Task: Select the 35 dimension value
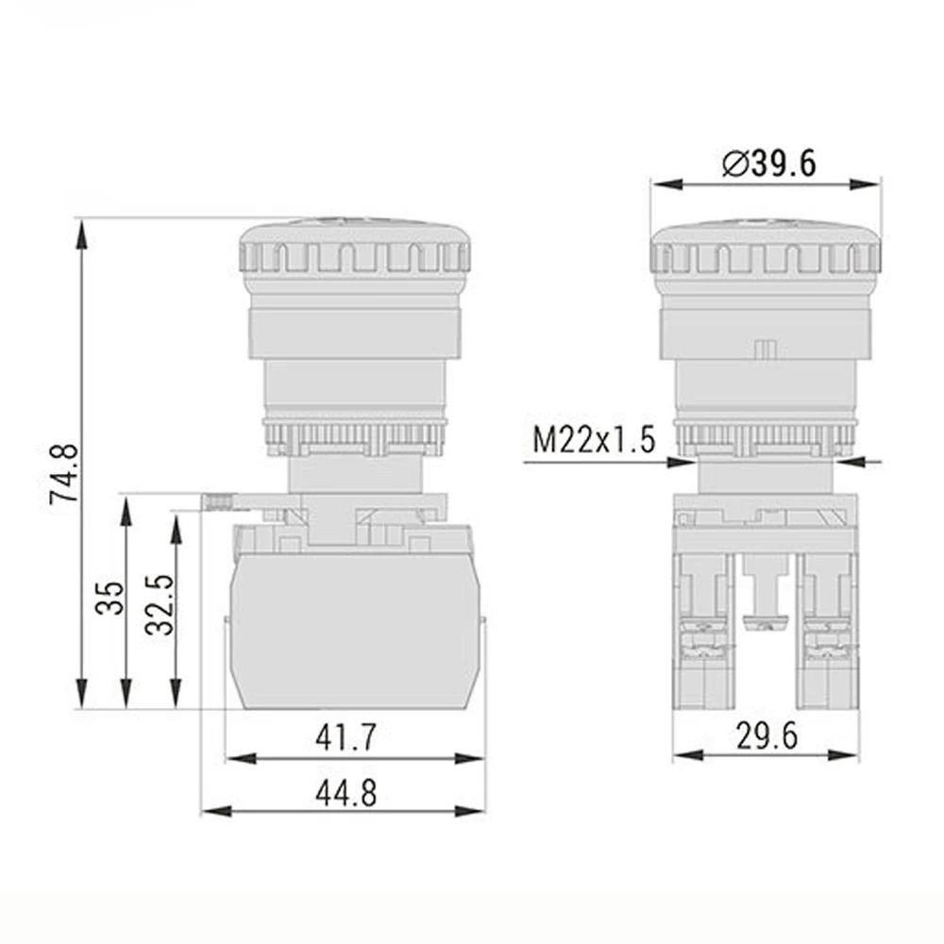[x=110, y=598]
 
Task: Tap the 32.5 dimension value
[x=160, y=605]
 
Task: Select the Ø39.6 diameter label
[x=767, y=162]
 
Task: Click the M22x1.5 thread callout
[x=594, y=441]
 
